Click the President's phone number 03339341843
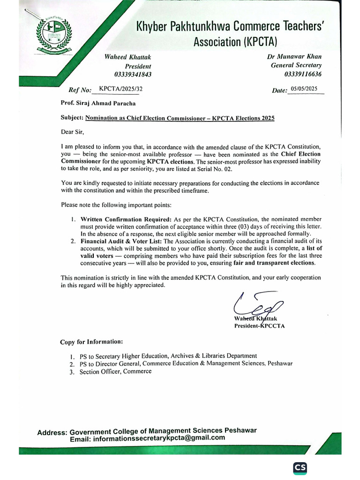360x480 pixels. point(133,75)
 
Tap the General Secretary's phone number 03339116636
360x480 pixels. point(303,74)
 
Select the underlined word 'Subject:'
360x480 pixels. point(72,118)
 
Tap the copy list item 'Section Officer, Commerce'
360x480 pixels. point(116,371)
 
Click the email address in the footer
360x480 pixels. point(159,438)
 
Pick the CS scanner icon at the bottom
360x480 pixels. point(300,468)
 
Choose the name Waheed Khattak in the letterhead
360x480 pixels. point(127,57)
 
